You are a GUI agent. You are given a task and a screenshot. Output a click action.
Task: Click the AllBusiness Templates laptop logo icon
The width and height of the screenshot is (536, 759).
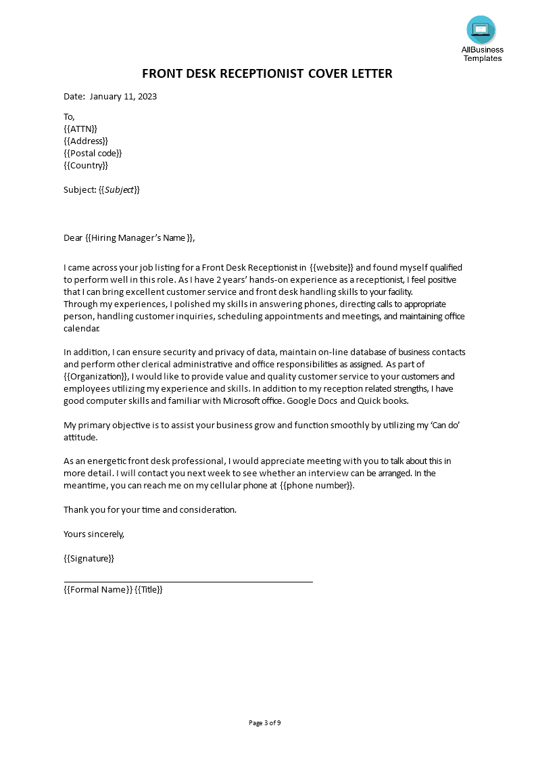coord(481,30)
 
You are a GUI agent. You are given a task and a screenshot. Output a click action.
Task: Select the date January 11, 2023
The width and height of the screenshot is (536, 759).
coord(123,96)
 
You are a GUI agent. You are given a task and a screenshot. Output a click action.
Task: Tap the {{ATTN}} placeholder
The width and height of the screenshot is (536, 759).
coord(80,129)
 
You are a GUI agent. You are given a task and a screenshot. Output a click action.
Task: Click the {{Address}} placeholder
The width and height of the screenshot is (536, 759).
coord(86,141)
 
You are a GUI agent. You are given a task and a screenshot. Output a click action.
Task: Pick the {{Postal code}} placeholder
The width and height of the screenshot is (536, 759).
coord(93,153)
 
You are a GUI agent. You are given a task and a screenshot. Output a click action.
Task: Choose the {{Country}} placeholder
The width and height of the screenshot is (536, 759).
coord(86,165)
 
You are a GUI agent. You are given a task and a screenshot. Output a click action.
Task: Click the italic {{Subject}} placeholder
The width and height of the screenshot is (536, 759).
coord(119,189)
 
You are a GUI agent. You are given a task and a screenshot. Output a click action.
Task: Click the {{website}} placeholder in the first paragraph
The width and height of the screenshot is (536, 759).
coord(331,268)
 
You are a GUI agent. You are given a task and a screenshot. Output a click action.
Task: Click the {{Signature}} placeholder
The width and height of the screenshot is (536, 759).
coord(89,558)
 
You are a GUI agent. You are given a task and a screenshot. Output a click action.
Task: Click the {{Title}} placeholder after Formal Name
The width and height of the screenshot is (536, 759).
coord(149,589)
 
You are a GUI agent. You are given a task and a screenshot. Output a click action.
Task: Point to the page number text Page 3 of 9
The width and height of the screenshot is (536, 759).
coord(265,722)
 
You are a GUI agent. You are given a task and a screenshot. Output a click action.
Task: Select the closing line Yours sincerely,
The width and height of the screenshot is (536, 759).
coord(94,534)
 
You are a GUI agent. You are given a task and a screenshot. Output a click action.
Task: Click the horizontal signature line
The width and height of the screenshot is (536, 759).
coord(188,581)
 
